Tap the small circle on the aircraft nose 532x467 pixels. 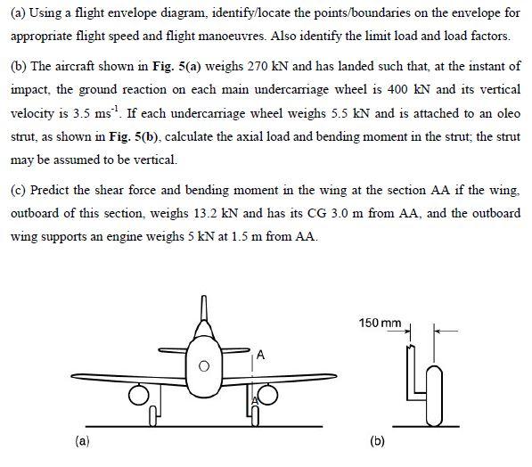(x=204, y=365)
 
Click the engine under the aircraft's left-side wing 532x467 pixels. (x=140, y=393)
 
